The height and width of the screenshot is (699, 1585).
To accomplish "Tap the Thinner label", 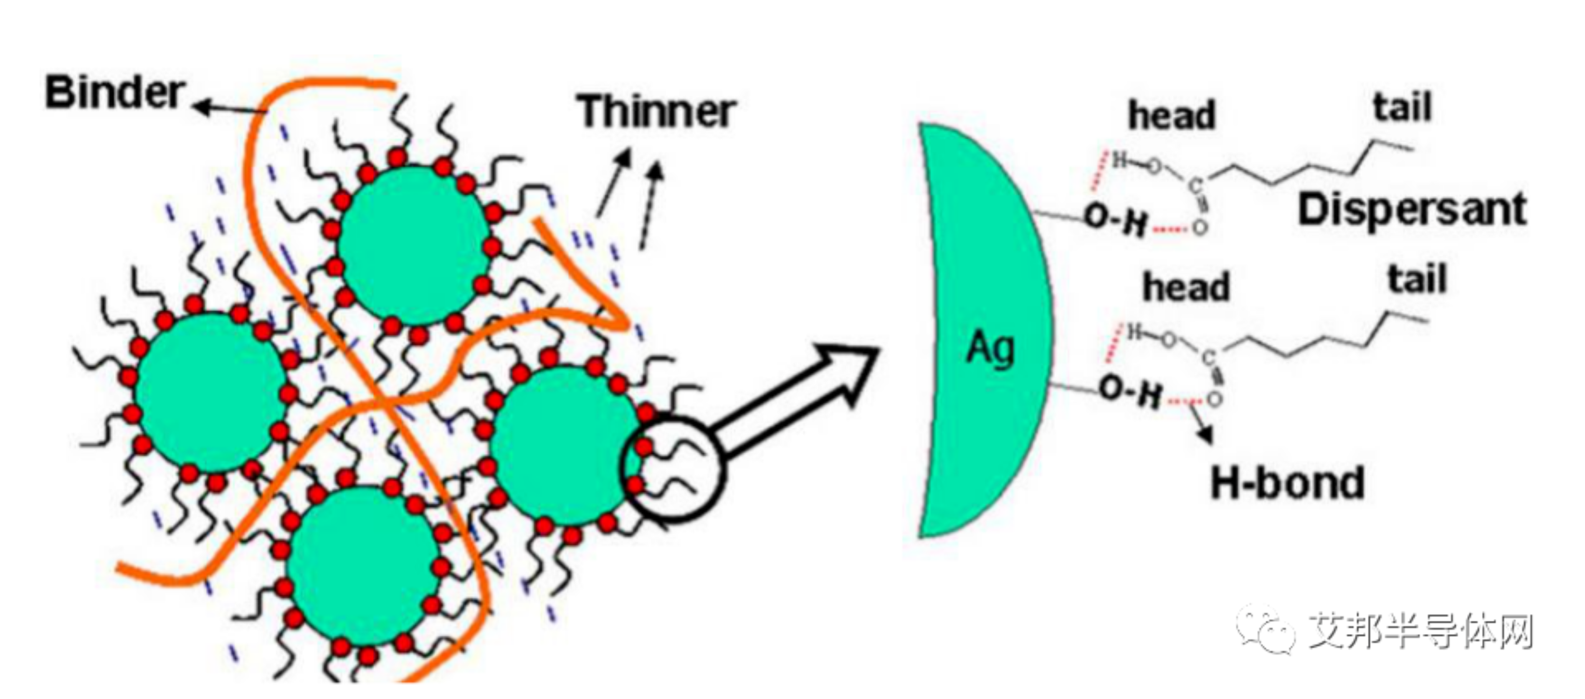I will click(x=657, y=112).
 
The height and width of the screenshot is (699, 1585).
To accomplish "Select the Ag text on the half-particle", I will click(x=990, y=348).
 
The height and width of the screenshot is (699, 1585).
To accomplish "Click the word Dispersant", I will click(x=1413, y=210).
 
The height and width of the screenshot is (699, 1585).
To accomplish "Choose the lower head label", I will click(x=1186, y=287).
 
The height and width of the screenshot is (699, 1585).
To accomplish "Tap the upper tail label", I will click(x=1402, y=108).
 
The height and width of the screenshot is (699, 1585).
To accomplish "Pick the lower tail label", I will click(x=1417, y=280).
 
